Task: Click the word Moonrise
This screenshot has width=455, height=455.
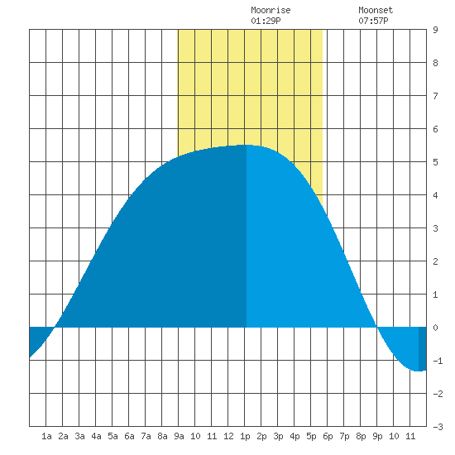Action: pos(271,10)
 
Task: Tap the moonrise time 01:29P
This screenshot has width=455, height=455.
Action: pos(266,21)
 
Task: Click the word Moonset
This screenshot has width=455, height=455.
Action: pos(376,10)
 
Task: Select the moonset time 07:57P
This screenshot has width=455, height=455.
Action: pos(373,21)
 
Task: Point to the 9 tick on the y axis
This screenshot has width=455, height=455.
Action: pos(435,30)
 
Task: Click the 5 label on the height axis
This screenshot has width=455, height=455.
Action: pos(435,162)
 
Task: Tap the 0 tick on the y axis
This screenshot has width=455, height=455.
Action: pos(435,328)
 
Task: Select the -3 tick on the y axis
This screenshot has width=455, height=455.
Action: pos(438,427)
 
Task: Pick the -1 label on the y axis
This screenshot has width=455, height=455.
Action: pos(438,361)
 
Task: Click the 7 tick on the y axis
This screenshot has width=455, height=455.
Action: pos(435,96)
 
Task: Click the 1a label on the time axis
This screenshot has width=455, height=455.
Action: pos(46,436)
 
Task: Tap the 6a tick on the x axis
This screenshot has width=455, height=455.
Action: pos(129,436)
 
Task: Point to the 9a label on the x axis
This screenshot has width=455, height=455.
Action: pos(179,436)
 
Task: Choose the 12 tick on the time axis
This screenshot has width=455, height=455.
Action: pos(228,436)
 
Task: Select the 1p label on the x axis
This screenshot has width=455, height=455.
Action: pos(245,436)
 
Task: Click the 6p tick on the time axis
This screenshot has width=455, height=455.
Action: pos(328,436)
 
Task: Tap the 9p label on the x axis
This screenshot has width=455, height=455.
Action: pos(377,436)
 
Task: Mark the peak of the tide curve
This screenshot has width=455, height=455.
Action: pos(247,145)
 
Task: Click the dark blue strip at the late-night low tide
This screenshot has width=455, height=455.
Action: pos(423,349)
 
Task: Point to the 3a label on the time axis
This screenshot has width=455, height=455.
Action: pos(79,436)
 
